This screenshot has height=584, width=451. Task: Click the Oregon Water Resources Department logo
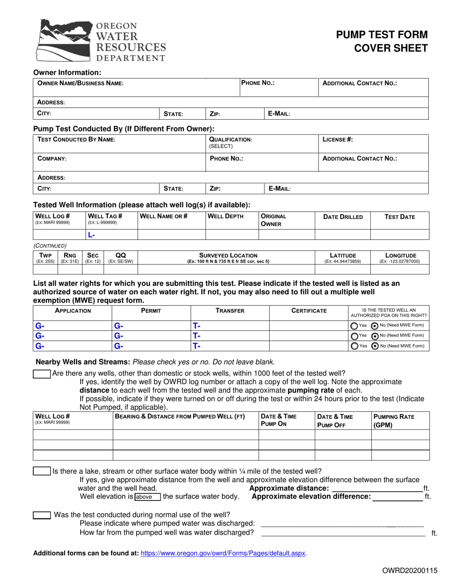pyautogui.click(x=101, y=41)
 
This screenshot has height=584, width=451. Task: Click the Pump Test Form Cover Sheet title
pyautogui.click(x=382, y=41)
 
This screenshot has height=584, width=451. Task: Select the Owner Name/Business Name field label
pyautogui.click(x=80, y=83)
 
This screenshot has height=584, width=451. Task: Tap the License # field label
pyautogui.click(x=338, y=140)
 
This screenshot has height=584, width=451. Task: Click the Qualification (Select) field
pyautogui.click(x=230, y=143)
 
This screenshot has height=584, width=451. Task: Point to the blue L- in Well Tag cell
pyautogui.click(x=92, y=235)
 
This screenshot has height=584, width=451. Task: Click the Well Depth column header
pyautogui.click(x=226, y=217)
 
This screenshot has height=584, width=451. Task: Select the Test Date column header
pyautogui.click(x=399, y=217)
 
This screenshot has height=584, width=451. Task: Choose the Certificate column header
pyautogui.click(x=309, y=311)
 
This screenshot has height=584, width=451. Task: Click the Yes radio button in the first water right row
pyautogui.click(x=354, y=326)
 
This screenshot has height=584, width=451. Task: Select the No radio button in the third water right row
pyautogui.click(x=375, y=346)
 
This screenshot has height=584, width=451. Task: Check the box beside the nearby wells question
pyautogui.click(x=42, y=374)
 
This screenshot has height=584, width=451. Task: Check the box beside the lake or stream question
pyautogui.click(x=42, y=471)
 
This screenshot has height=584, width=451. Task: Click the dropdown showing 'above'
pyautogui.click(x=148, y=497)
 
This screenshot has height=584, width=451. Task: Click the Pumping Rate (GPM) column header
pyautogui.click(x=394, y=421)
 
